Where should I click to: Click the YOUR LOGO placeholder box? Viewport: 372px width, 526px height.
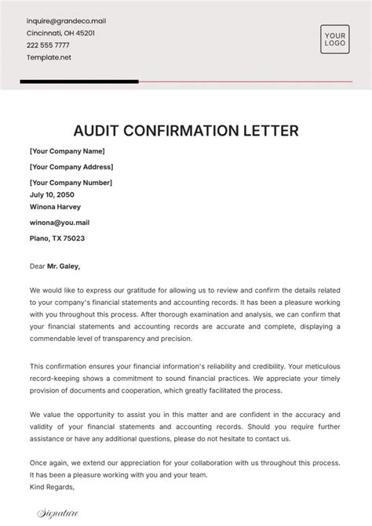[x=334, y=39]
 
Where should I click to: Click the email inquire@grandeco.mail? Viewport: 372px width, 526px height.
[x=66, y=21]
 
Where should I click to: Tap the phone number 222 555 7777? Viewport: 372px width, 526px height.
[x=53, y=46]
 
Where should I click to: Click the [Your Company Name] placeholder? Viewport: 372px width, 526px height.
[x=67, y=151]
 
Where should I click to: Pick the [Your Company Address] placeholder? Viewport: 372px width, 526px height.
[x=71, y=167]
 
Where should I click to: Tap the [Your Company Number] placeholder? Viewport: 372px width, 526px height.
[x=71, y=183]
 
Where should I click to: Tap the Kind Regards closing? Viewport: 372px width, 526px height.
[x=52, y=486]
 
